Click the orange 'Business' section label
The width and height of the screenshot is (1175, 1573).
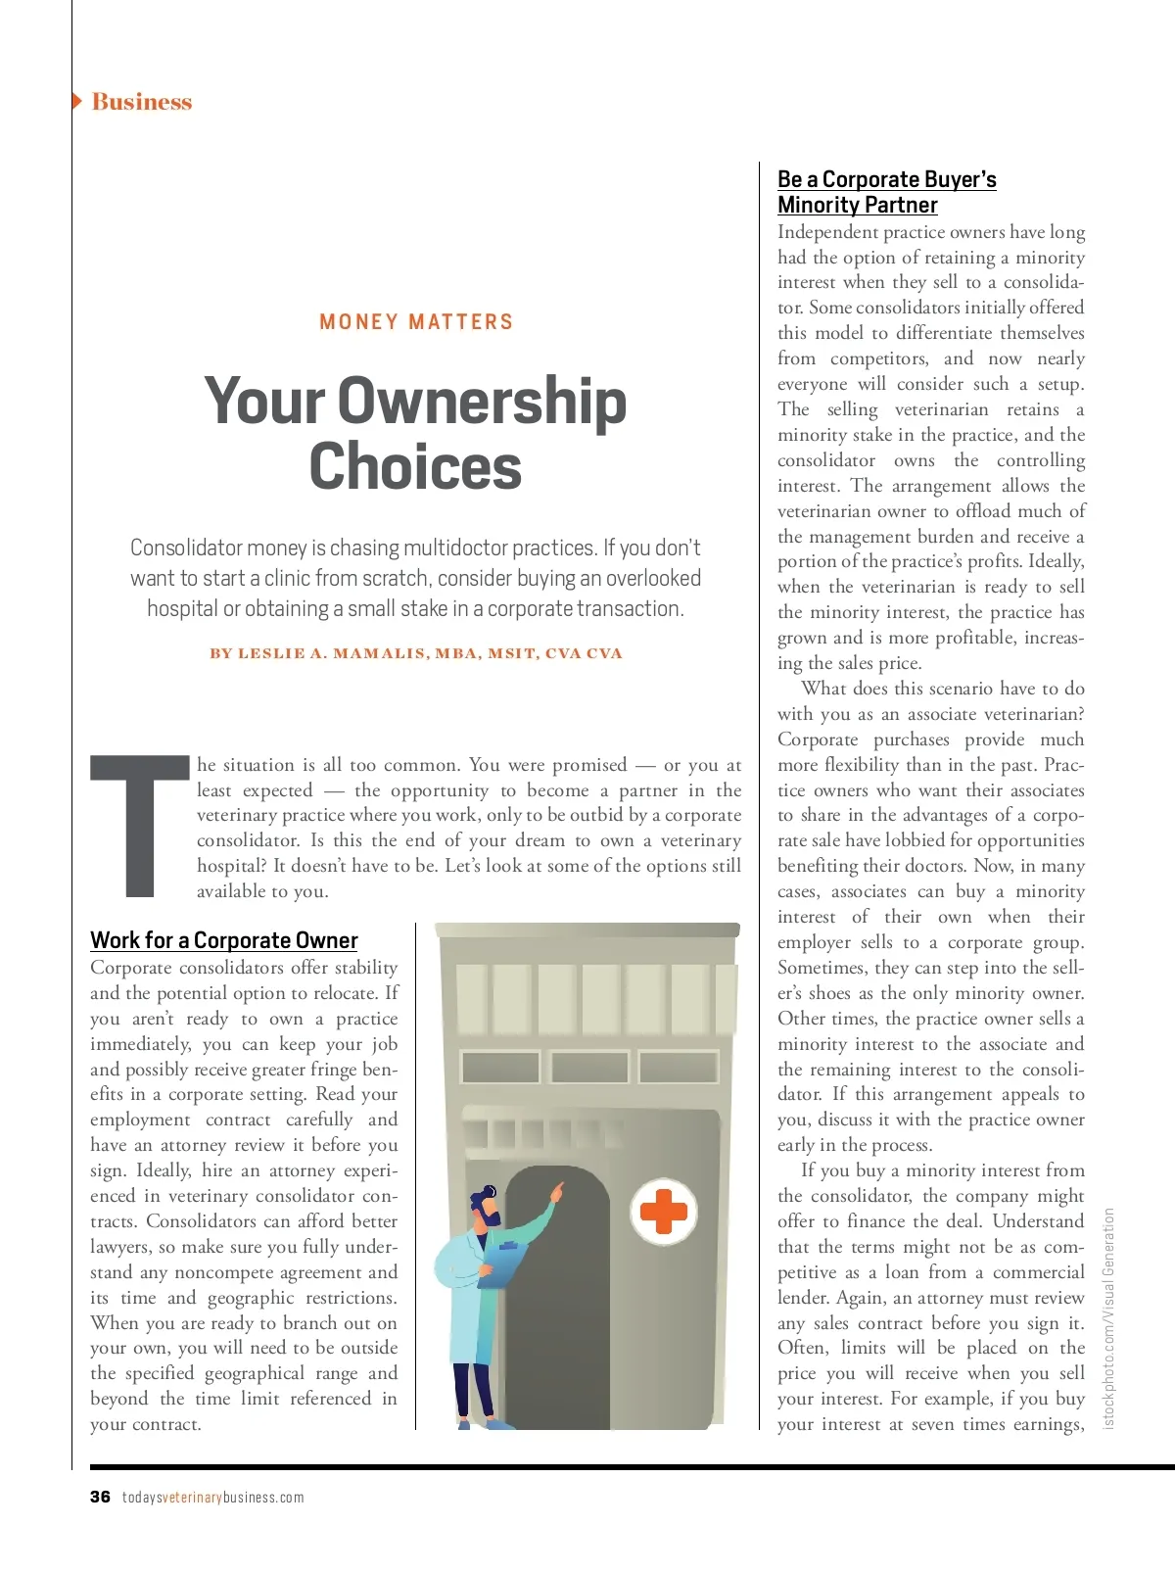[x=141, y=102]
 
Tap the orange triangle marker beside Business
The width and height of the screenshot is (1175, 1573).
[x=77, y=101]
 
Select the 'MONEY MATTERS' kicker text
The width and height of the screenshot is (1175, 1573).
[x=416, y=321]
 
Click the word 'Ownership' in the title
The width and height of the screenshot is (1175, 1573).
[x=482, y=402]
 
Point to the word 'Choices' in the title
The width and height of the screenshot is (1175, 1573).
[x=415, y=467]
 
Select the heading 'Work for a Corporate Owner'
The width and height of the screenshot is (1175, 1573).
[x=223, y=940]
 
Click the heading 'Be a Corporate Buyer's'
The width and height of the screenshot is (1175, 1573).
[x=886, y=179]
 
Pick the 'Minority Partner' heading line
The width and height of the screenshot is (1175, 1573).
[x=857, y=205]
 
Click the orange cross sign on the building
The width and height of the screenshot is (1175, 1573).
[x=663, y=1212]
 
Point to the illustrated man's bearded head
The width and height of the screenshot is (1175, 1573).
[x=485, y=1207]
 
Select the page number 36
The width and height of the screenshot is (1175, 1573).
[x=100, y=1497]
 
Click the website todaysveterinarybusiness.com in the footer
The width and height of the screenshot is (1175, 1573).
[x=212, y=1498]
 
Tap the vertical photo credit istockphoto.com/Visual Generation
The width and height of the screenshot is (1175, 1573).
[x=1108, y=1317]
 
